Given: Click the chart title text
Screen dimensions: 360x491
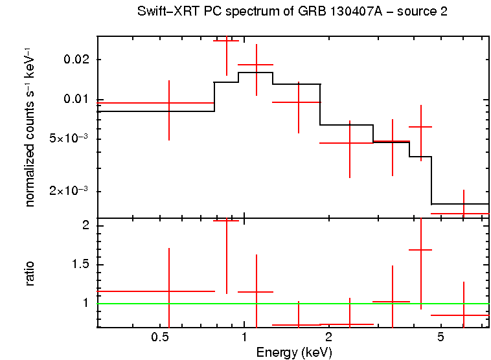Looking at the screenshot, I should click(x=292, y=12).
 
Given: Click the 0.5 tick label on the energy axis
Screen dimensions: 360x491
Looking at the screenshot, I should click(x=159, y=338).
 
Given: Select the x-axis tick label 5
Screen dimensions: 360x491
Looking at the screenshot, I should click(x=440, y=338).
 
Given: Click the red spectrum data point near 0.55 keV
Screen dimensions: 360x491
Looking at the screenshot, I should click(x=169, y=103).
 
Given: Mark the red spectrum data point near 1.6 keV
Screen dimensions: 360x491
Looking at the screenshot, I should click(x=298, y=102).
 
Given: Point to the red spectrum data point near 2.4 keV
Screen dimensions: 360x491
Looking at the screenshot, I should click(x=350, y=142).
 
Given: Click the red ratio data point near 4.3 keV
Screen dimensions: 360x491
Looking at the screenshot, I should click(x=421, y=249).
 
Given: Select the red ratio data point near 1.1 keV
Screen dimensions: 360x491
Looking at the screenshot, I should click(x=257, y=292).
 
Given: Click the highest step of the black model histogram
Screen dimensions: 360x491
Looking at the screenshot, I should click(x=256, y=73).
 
